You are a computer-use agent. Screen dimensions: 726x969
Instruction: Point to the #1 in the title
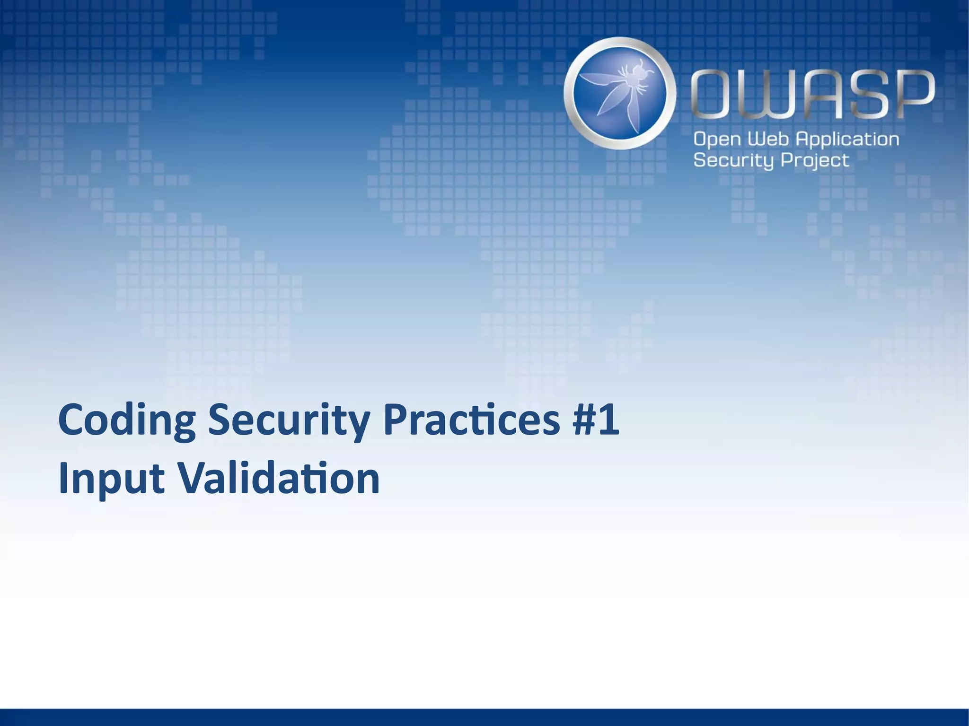click(595, 420)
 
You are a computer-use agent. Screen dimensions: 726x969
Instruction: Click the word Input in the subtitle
click(111, 479)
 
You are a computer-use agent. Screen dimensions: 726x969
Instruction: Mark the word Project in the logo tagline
click(815, 161)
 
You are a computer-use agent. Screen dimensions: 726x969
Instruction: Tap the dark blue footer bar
click(484, 717)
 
